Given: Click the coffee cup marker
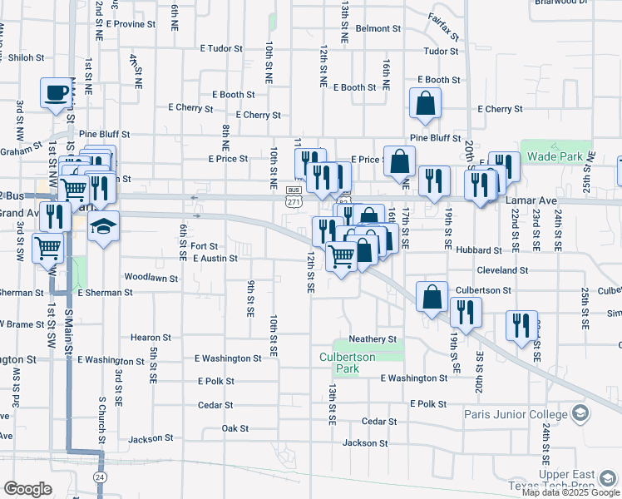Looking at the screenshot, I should point(57,92).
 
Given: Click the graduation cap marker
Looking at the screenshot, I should point(103,226).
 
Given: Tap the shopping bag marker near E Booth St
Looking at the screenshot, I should point(425,102).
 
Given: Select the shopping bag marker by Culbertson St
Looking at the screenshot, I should point(432,296).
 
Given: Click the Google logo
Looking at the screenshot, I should point(27,489).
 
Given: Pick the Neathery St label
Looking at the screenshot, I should point(373,339).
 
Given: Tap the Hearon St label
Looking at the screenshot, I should point(151,338).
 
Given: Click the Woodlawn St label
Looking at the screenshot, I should point(151,276).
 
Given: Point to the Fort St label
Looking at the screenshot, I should point(204,246).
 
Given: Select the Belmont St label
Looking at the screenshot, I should point(378,28).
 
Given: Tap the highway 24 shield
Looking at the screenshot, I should point(100,477).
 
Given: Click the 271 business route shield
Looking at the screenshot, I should point(293,200).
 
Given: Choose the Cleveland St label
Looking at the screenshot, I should point(502,270).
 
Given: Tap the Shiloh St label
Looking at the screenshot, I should point(26,57).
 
